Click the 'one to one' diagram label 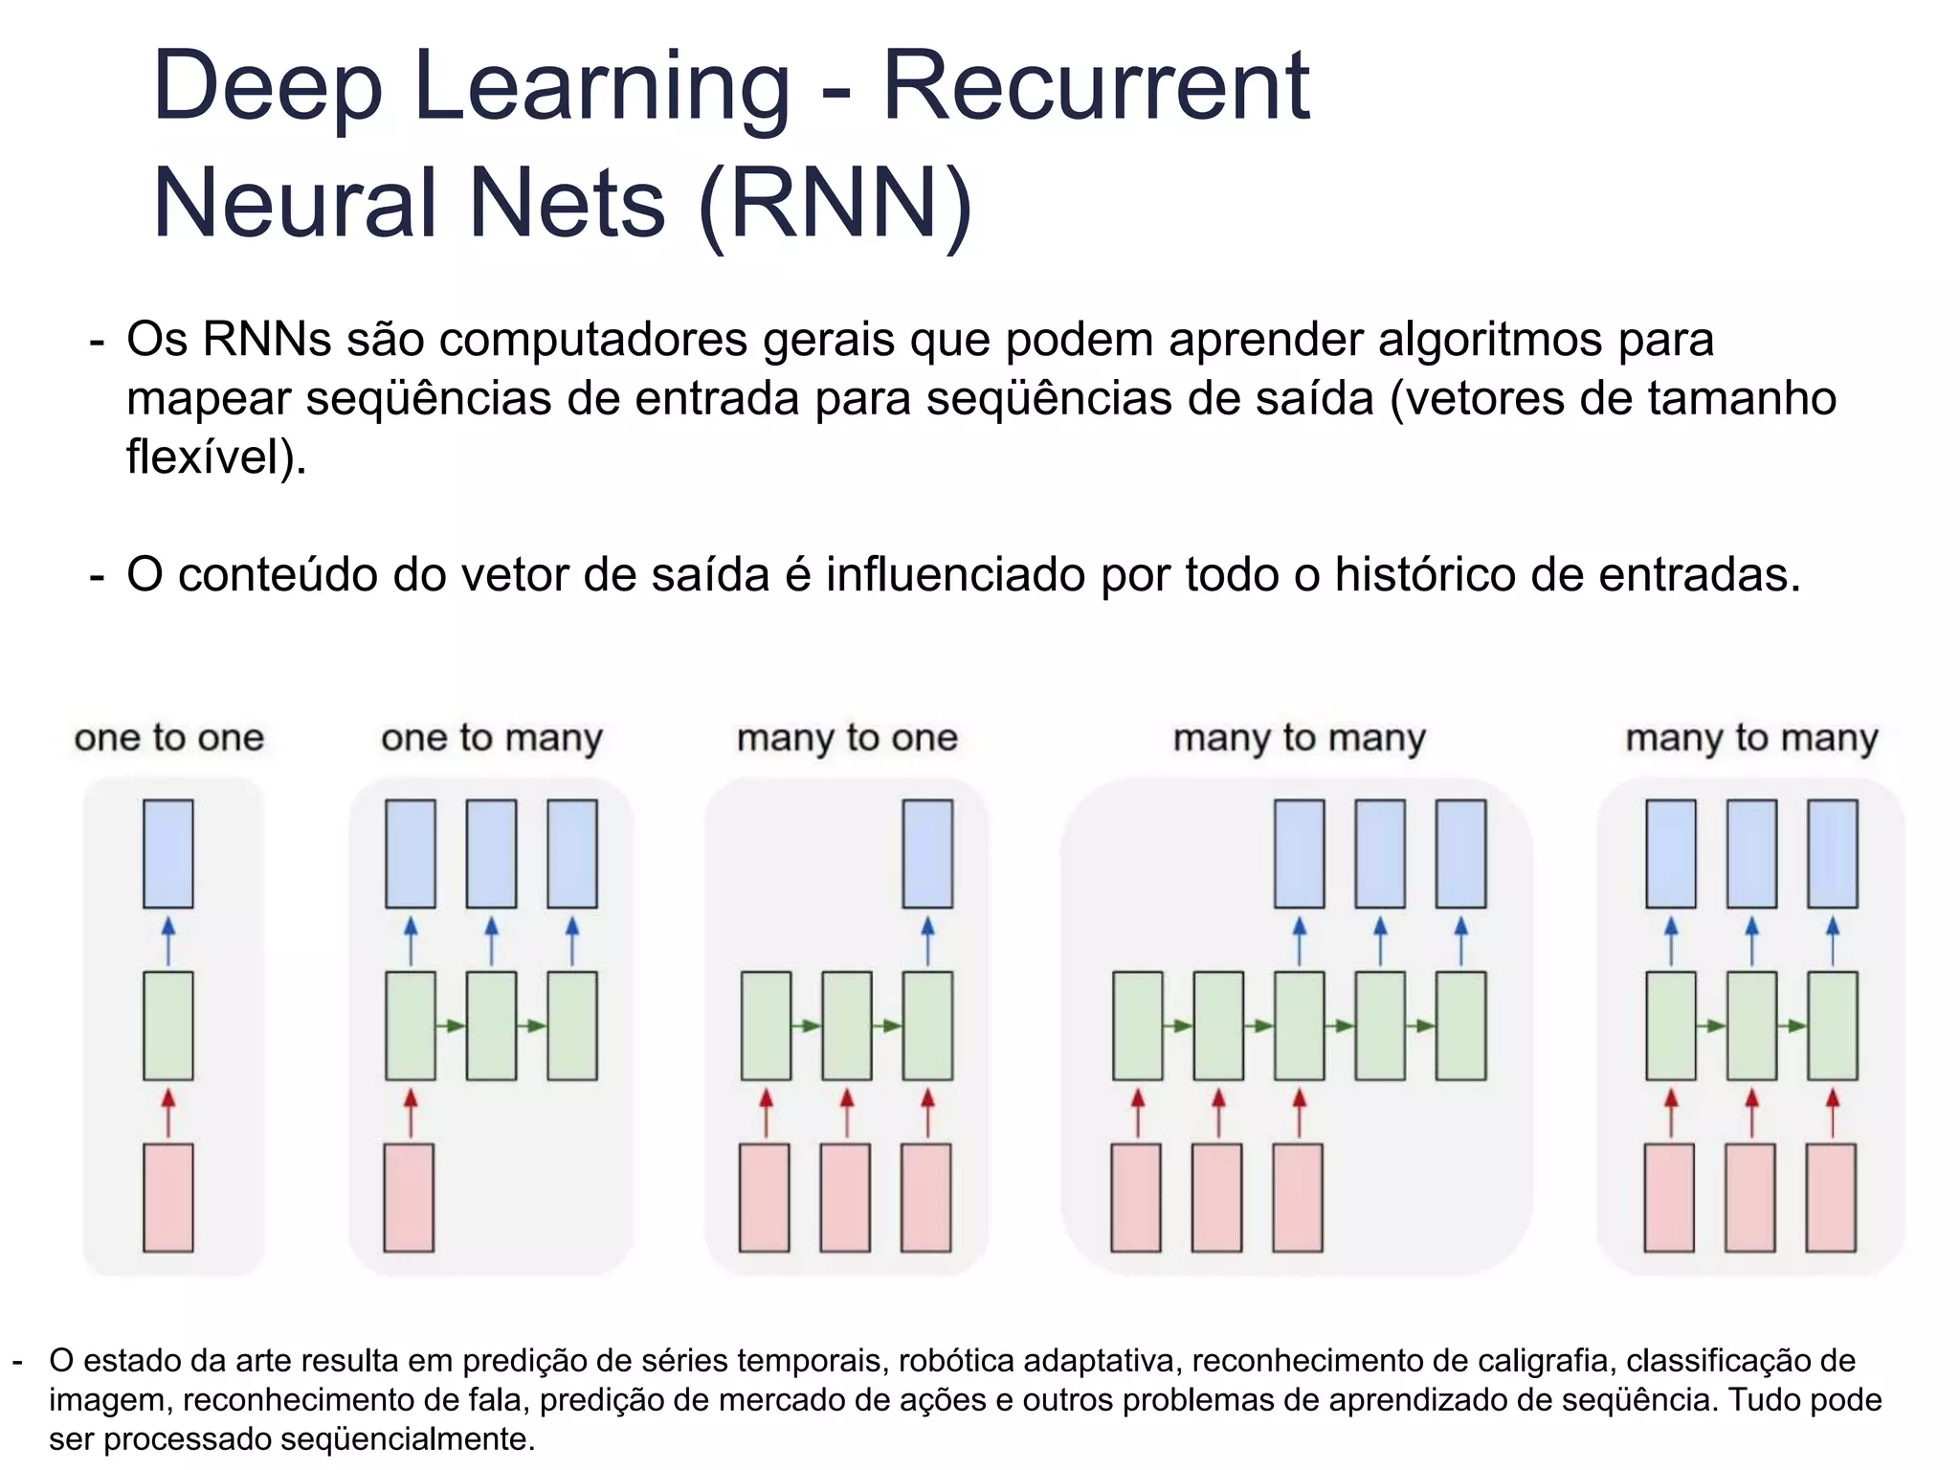click(x=168, y=738)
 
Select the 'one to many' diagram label click(x=492, y=738)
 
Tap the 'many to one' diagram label click(x=847, y=738)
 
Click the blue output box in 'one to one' click(x=168, y=854)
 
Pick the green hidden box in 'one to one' click(x=168, y=1026)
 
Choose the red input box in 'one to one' click(x=168, y=1197)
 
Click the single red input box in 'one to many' click(x=409, y=1197)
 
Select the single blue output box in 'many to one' click(x=927, y=854)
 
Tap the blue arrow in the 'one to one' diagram click(x=168, y=941)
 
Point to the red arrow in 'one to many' click(x=411, y=1112)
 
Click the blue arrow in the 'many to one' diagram click(x=927, y=941)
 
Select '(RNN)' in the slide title click(x=835, y=203)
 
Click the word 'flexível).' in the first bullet click(x=216, y=457)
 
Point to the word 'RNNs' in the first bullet click(x=267, y=339)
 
